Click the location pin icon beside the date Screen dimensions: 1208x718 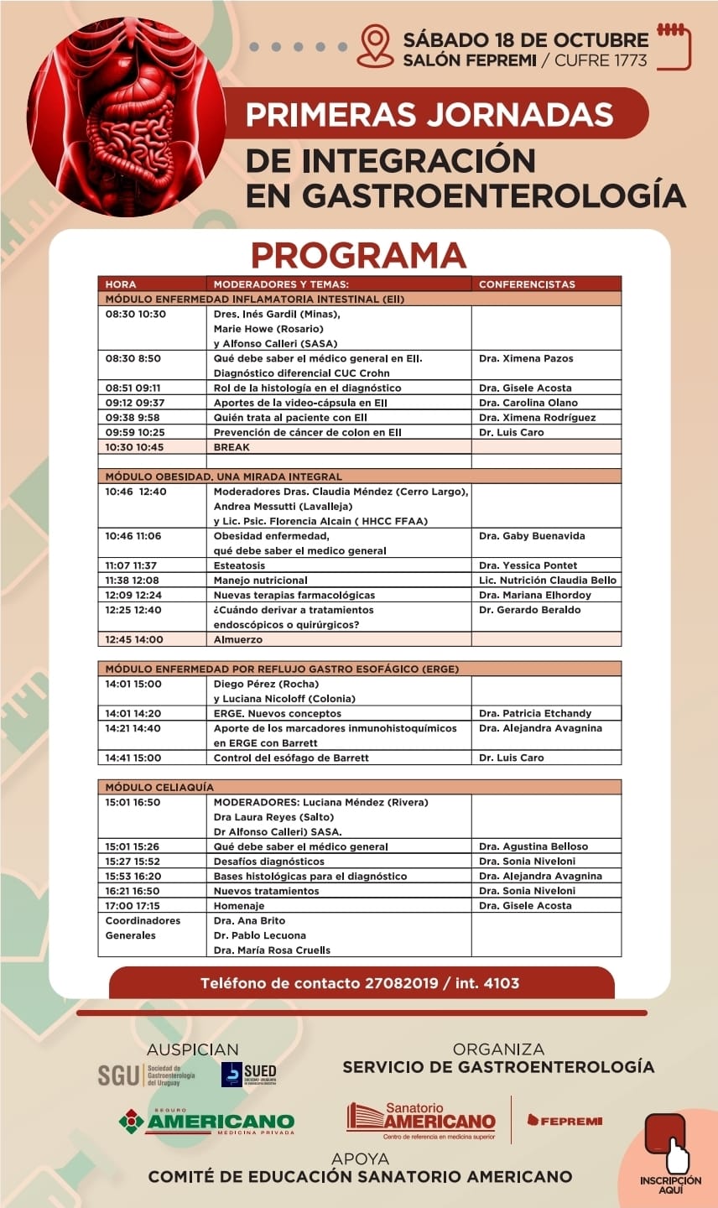375,46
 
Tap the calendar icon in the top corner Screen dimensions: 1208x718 674,47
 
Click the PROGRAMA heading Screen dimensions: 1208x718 358,255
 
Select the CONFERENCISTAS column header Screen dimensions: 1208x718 527,284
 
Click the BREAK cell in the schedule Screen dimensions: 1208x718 232,447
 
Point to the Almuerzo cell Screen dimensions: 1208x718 238,639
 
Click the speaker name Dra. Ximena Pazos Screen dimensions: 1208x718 526,358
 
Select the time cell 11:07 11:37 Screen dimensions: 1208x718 131,565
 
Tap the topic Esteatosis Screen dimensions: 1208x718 239,565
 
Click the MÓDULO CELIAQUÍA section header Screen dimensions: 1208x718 159,788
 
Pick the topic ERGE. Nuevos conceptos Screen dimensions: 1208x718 278,713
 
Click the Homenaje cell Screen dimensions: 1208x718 239,906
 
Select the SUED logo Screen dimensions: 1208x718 249,1074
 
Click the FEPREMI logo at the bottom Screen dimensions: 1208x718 565,1120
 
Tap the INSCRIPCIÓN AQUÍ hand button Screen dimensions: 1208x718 669,1150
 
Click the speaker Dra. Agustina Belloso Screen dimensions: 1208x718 533,846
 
